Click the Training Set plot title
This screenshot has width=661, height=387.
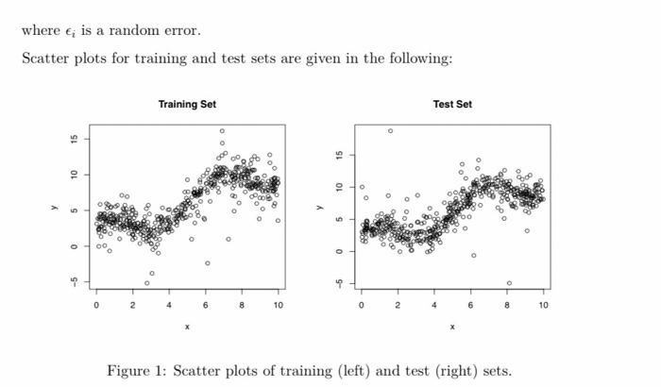point(187,104)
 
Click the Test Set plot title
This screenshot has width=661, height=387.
point(452,104)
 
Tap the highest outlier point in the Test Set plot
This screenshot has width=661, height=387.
point(390,130)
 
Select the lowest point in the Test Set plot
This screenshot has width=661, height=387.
point(509,283)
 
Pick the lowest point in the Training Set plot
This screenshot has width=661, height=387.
point(146,283)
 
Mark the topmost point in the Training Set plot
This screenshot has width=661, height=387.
point(223,131)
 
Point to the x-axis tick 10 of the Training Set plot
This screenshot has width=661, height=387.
point(279,305)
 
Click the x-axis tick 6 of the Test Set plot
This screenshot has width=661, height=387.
point(470,305)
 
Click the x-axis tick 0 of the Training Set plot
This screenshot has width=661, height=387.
point(96,305)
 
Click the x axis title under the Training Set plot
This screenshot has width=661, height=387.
point(187,327)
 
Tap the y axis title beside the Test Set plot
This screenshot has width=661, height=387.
point(318,208)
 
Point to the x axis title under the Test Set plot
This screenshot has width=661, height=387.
point(452,327)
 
